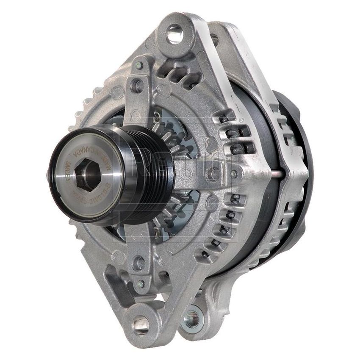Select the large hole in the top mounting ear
[174, 34]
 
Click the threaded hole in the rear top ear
[214, 40]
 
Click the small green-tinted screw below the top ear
[139, 66]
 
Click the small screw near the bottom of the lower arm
[141, 283]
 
